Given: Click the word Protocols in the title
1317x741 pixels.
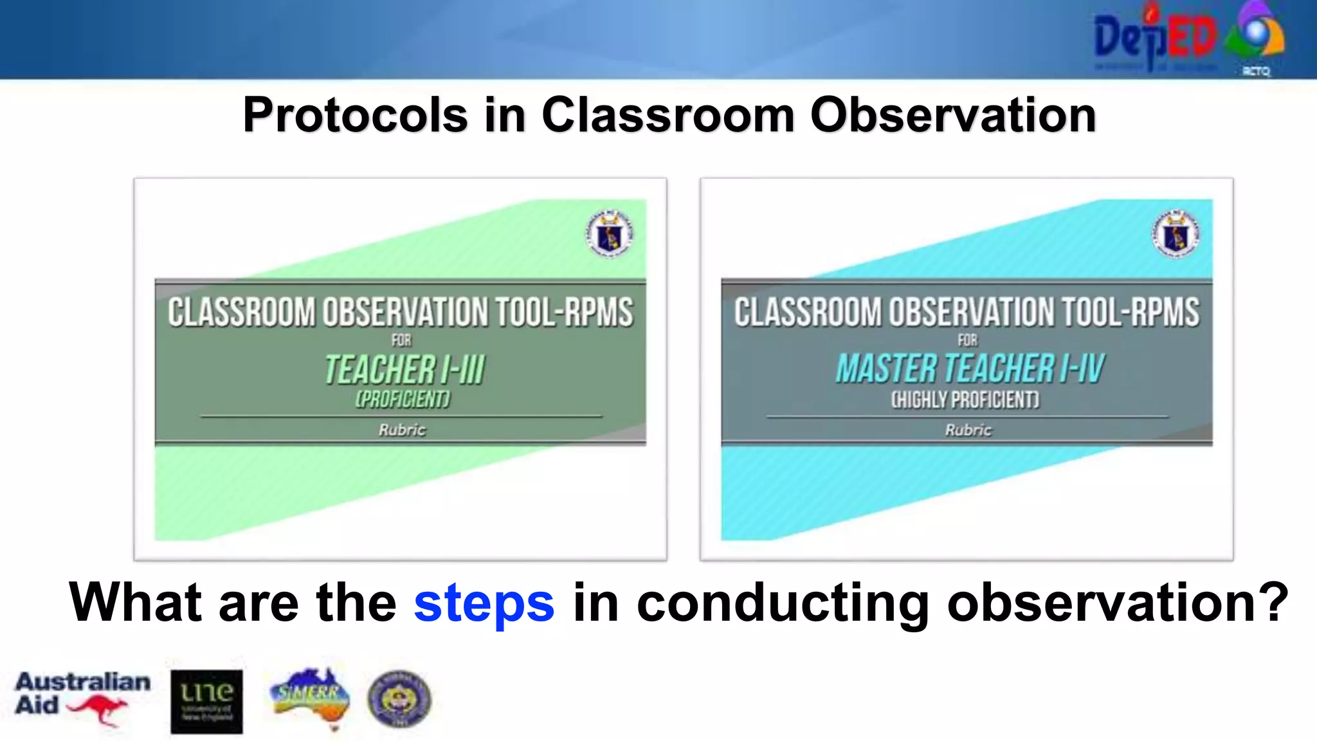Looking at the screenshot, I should [355, 116].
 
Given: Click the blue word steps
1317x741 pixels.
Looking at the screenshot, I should [484, 603].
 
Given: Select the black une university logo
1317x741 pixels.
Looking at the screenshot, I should [206, 701].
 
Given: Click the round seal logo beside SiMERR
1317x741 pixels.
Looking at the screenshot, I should [399, 699].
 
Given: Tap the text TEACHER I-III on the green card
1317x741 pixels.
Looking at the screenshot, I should [404, 370].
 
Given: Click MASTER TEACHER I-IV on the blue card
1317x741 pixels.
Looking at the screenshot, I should [970, 369].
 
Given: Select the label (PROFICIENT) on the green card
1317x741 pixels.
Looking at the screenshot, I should [403, 399].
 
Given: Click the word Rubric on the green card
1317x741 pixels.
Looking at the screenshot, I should [402, 430].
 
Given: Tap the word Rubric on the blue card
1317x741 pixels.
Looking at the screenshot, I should [968, 430].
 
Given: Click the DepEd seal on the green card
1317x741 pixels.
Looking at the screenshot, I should [609, 234].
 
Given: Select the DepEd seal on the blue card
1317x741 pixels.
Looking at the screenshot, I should [1176, 234].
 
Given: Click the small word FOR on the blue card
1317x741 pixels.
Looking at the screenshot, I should [967, 340].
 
